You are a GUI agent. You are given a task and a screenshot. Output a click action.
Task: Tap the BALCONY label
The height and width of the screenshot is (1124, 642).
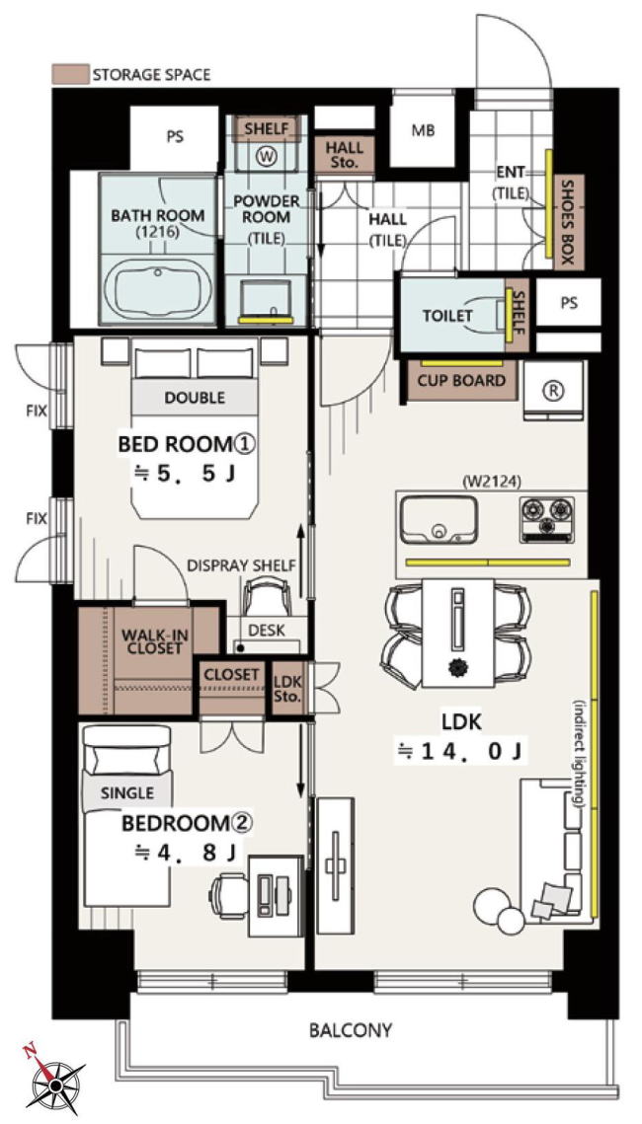(351, 1031)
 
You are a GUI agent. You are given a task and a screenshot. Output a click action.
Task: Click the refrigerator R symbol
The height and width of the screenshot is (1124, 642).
(554, 389)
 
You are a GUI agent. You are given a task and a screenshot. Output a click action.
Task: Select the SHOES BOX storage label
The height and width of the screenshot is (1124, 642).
(568, 221)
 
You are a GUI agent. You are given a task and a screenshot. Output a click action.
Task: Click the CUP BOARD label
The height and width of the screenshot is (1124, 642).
(462, 381)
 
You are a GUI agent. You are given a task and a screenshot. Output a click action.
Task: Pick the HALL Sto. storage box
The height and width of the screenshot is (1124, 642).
(345, 155)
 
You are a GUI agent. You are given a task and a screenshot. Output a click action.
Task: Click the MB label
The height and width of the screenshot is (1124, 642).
(423, 132)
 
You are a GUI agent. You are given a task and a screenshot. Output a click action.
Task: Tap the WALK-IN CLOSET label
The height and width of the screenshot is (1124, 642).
(150, 641)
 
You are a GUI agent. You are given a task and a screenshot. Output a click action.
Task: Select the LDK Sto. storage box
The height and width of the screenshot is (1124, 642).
(288, 689)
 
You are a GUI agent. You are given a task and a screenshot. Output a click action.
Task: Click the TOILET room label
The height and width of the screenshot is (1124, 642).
(447, 316)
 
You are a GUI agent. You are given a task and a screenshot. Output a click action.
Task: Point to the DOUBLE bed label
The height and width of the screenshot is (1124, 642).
(195, 397)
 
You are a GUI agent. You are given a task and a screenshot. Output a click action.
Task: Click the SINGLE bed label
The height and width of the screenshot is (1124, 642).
(127, 792)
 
